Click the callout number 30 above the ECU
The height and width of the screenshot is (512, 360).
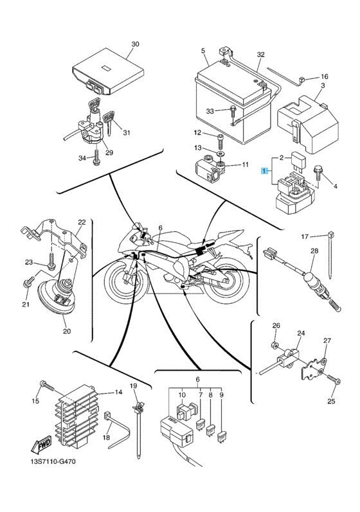coord(134,44)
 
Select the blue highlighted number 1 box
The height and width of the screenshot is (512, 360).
coord(263,171)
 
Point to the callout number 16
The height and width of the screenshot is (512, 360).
coord(324,76)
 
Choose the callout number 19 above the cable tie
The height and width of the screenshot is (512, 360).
coord(134,385)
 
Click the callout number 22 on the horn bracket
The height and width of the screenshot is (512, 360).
coord(81,222)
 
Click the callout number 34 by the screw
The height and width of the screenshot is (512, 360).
coord(82,158)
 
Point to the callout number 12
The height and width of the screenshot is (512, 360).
coord(198,132)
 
